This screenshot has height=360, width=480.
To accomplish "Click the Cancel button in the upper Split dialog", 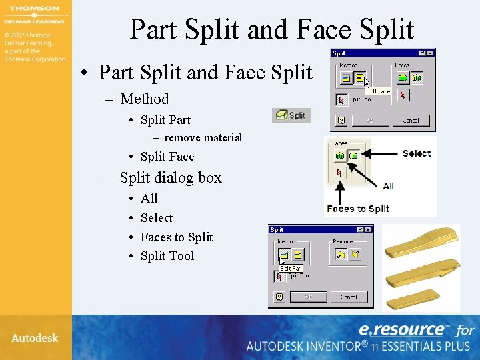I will tap(410, 121).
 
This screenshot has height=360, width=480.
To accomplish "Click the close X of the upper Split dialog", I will tap(431, 53).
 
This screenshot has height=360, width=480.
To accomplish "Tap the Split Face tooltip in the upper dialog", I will tap(377, 90).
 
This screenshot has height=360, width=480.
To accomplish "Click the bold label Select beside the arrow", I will tap(417, 153).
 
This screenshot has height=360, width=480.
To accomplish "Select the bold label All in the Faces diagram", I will tap(388, 186).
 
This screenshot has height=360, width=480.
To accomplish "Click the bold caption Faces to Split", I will tap(357, 209).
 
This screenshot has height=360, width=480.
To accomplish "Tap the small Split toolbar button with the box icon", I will tap(291, 115).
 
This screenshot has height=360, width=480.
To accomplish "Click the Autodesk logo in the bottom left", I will tap(35, 338).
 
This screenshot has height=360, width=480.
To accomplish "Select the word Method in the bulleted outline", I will tap(144, 99).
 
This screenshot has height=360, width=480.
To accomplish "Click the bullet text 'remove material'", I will tap(203, 138).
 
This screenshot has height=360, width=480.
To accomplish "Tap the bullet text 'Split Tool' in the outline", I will tap(167, 256).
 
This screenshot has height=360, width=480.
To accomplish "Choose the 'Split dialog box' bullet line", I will tap(170, 178).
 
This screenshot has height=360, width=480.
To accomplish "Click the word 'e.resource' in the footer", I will tap(402, 329).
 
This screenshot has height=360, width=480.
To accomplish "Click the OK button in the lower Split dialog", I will tap(308, 297).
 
